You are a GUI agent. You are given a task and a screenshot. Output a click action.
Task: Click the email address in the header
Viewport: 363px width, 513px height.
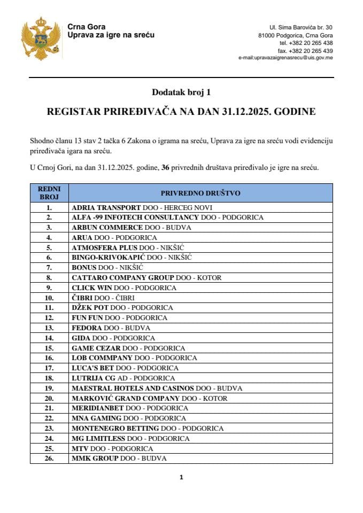(285, 57)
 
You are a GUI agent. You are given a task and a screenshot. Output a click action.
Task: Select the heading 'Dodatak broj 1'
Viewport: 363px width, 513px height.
(181, 92)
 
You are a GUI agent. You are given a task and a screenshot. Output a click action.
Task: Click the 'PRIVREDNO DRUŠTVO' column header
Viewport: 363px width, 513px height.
(200, 193)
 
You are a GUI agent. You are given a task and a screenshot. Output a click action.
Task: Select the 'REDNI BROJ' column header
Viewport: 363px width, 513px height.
(49, 193)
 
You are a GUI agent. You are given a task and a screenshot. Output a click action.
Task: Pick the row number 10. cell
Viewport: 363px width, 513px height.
(49, 298)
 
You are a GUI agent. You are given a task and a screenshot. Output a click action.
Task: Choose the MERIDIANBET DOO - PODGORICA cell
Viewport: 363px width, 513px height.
(129, 408)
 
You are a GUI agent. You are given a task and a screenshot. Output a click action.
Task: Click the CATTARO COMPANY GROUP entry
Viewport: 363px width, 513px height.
(146, 278)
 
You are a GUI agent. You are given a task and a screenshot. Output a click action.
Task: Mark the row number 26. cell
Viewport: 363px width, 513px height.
(49, 458)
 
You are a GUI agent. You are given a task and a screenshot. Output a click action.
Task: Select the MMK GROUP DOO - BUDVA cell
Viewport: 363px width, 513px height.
(119, 458)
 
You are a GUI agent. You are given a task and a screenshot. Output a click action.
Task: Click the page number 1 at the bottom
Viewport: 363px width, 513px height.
(181, 477)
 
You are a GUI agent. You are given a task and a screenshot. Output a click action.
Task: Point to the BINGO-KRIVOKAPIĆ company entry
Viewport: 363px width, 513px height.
(132, 258)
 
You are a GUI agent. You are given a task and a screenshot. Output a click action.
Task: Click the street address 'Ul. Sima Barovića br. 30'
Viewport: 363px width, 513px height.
(301, 27)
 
